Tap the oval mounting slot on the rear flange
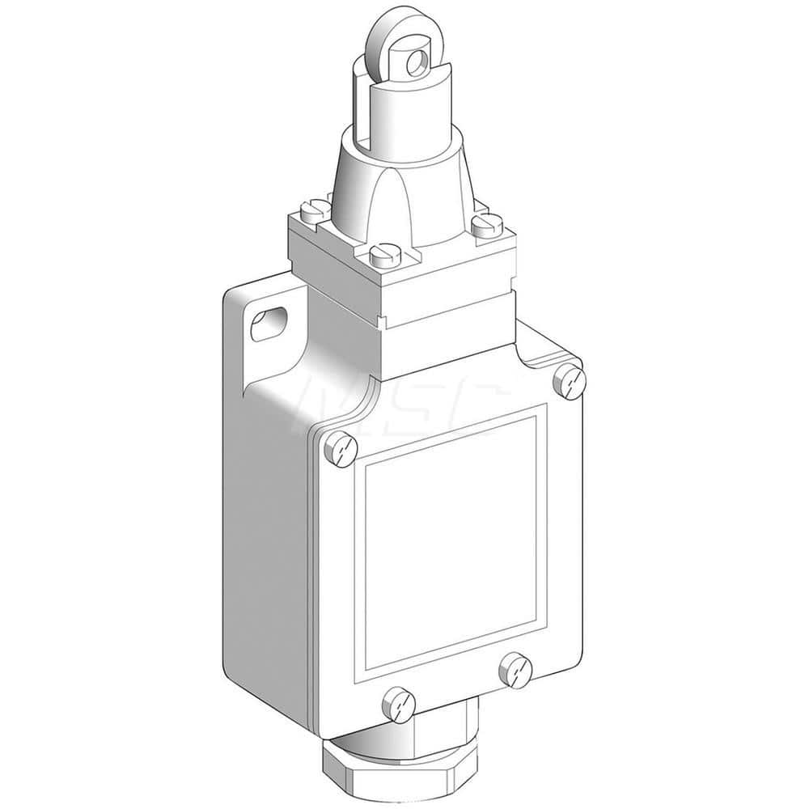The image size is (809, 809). (x=264, y=325)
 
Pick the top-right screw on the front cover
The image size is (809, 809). (x=570, y=381)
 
